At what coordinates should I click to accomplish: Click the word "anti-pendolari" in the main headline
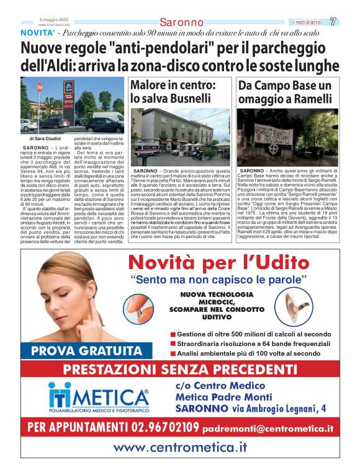(x=143, y=48)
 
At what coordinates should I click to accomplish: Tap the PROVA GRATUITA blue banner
(x=86, y=351)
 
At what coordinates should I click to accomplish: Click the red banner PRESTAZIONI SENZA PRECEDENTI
(x=179, y=370)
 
